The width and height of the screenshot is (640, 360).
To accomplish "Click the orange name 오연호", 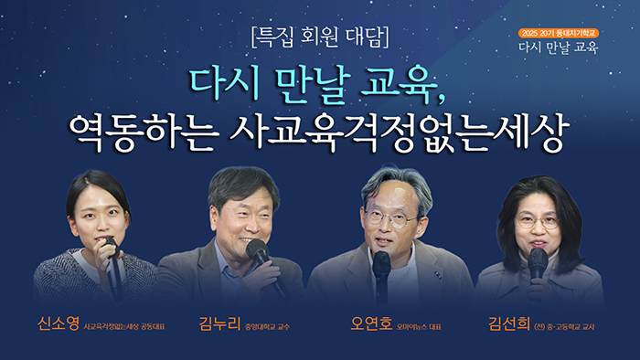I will pyautogui.click(x=371, y=323).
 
